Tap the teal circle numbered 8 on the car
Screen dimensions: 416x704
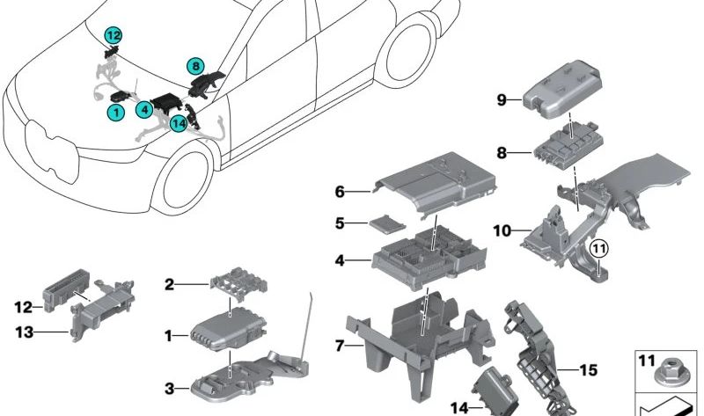click(194, 64)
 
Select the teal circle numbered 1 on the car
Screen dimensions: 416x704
click(114, 112)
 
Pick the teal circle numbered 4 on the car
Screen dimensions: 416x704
click(142, 110)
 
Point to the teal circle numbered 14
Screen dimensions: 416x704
click(179, 122)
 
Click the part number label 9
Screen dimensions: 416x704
click(501, 100)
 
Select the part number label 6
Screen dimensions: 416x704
click(340, 190)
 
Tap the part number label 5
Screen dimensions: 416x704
click(340, 224)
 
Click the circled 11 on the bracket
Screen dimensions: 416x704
click(598, 250)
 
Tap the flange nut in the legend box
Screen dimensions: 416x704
click(667, 379)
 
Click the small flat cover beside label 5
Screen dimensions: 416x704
click(385, 225)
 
